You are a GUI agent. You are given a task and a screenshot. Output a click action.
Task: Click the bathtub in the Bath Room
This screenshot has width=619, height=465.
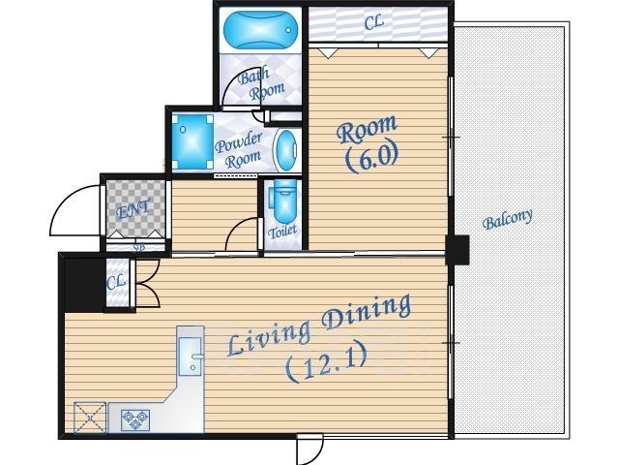260,30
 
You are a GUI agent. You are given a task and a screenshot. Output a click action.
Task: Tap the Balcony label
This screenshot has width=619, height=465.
507,219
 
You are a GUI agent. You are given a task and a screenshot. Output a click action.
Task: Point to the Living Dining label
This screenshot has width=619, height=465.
319,325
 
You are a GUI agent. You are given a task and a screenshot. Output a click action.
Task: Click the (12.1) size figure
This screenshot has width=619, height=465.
326,362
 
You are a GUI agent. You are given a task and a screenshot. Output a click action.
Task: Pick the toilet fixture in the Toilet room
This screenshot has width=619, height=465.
283,201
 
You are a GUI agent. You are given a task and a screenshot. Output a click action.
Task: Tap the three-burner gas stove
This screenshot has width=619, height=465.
135,420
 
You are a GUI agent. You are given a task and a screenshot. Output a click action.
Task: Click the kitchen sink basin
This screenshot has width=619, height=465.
191,356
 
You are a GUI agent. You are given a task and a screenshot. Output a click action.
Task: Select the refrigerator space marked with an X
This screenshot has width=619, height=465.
90,418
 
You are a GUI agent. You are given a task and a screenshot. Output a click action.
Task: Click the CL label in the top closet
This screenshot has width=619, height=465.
373,22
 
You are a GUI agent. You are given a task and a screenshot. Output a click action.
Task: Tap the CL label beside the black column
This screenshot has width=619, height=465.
116,282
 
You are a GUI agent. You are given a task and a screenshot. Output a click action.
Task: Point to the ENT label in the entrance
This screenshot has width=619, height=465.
133,209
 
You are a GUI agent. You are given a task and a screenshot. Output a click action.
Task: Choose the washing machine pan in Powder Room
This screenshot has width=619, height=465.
192,142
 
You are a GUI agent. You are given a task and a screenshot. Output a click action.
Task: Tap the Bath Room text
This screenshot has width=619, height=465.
260,84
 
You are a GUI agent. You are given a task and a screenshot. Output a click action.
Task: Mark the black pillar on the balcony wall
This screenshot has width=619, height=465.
457,250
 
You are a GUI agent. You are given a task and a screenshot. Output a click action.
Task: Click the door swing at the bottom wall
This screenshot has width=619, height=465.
310,449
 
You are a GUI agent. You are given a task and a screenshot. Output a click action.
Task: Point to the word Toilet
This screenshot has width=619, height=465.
282,232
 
